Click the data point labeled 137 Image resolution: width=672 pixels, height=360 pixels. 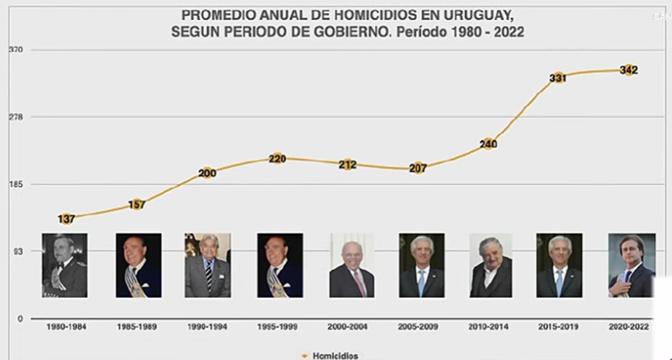(x=66, y=219)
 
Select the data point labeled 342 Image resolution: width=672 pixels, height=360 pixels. (x=628, y=70)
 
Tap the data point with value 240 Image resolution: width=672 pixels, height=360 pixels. (x=488, y=144)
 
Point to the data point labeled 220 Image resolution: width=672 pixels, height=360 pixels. (x=277, y=158)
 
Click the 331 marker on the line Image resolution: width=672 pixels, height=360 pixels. (x=558, y=78)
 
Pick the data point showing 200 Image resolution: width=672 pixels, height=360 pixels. (x=207, y=173)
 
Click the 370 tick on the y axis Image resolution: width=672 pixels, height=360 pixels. (x=16, y=50)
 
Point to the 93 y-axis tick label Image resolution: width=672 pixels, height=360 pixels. (x=17, y=251)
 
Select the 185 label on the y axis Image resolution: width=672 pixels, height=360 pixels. (x=16, y=184)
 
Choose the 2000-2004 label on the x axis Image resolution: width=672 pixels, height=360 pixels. (x=348, y=327)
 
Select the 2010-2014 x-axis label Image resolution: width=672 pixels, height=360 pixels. (x=489, y=327)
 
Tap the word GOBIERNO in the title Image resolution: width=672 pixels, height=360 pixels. (x=342, y=32)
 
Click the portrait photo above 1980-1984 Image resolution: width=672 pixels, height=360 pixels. (x=64, y=265)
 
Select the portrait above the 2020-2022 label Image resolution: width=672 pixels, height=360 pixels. (x=631, y=265)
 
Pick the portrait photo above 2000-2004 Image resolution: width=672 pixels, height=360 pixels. (x=352, y=265)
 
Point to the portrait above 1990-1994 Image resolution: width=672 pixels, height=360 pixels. (x=207, y=265)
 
